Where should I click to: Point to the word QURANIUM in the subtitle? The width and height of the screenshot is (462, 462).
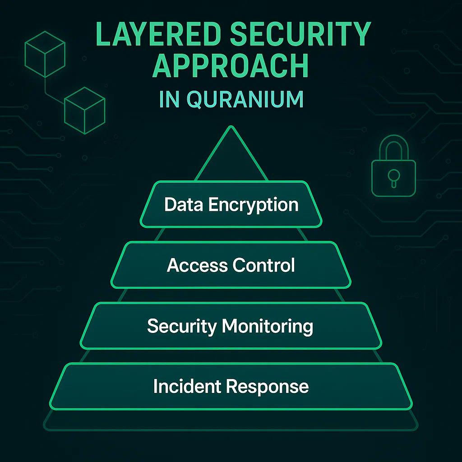(x=245, y=99)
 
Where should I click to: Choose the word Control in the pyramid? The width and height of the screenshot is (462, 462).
(x=264, y=265)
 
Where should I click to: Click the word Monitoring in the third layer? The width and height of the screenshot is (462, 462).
(x=264, y=326)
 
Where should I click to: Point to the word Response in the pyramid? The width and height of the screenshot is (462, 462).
(x=268, y=387)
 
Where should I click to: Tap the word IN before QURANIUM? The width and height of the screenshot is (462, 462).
(x=169, y=99)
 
